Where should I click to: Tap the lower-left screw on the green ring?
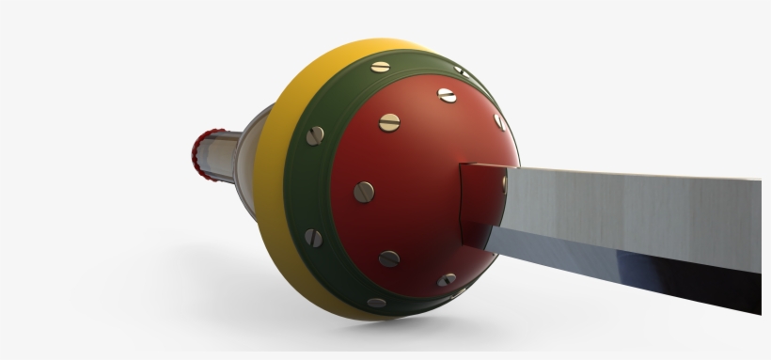(314, 239)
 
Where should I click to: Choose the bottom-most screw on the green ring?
(378, 303)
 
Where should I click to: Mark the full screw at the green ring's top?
(380, 66)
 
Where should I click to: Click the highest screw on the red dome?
(447, 95)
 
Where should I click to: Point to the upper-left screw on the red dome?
(388, 122)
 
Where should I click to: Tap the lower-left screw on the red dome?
(389, 258)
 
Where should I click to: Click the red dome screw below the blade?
(447, 280)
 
